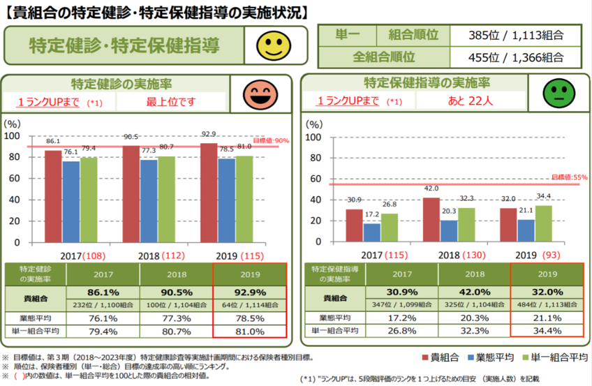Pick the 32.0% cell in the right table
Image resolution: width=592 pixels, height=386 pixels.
546,292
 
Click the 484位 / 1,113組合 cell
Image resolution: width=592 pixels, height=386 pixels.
546,306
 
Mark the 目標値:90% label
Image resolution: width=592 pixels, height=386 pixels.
269,141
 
